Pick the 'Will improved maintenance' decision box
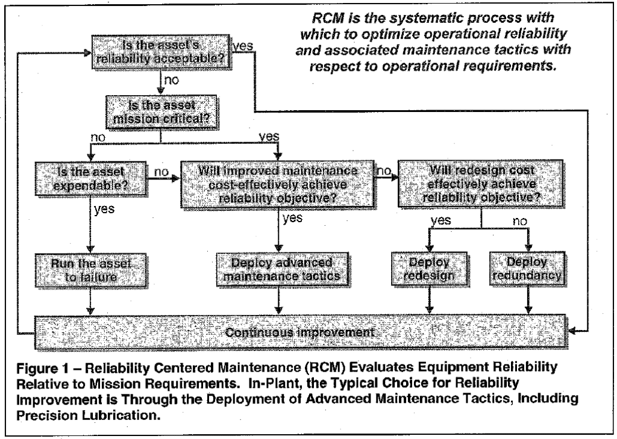tap(278, 179)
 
